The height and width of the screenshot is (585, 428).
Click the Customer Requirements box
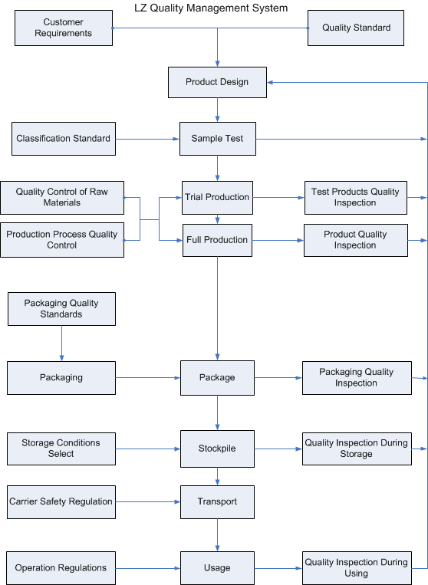coord(64,28)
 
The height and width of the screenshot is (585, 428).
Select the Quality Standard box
coord(356,28)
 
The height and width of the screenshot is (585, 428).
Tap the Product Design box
coord(217,83)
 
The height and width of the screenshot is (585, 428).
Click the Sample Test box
coord(218,139)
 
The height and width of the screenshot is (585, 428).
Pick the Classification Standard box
coord(64,139)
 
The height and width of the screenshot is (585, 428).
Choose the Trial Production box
coord(217,198)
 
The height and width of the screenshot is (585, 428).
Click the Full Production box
coord(217,240)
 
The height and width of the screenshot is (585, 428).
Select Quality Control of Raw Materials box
coord(62,198)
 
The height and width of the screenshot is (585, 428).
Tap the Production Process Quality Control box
coord(62,240)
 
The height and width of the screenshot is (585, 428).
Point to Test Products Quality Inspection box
coord(356,198)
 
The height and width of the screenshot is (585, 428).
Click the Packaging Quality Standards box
coord(61,309)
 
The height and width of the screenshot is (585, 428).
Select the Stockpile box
coord(217,449)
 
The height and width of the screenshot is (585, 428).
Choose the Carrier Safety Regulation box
coord(61,502)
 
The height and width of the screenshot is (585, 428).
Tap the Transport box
coord(217,502)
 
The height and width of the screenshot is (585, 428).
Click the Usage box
coord(217,568)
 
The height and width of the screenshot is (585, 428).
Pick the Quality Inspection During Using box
coord(357,568)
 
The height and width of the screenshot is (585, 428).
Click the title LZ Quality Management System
coord(211,8)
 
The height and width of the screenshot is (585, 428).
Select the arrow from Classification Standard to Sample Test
coord(148,140)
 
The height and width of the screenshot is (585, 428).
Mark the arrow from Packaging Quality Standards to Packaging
coord(61,343)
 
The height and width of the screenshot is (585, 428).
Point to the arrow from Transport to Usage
coord(218,535)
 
